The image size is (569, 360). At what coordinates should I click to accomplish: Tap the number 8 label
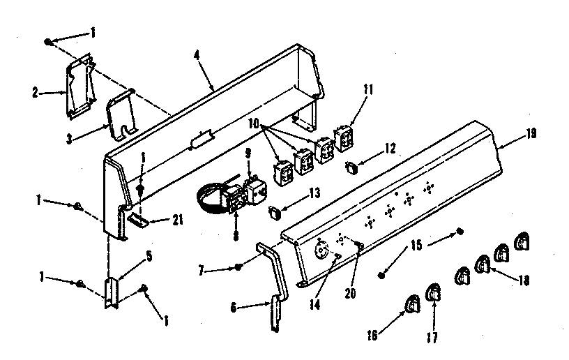coord(236,236)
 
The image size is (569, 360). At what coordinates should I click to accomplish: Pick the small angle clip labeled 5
coord(112,293)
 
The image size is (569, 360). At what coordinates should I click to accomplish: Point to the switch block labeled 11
coord(344,137)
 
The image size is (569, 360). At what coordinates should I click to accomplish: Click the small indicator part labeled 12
coord(351,166)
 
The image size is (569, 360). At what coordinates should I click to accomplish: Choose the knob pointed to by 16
coord(411,304)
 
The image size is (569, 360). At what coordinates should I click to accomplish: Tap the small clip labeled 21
coord(139,220)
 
